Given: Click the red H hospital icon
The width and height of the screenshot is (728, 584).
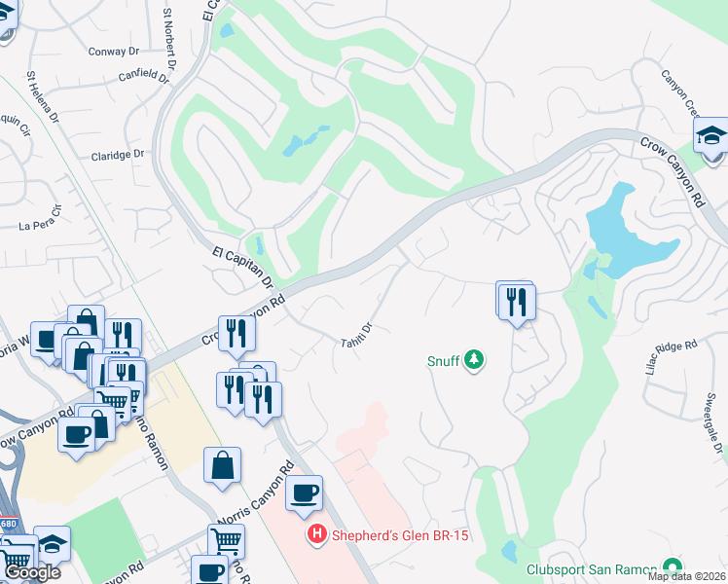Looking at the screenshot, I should click(315, 534).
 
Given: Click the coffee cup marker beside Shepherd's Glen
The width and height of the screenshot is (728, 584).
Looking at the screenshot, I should click(306, 493).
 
